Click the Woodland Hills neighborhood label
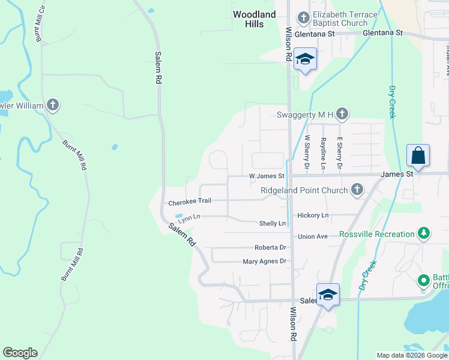(255, 19)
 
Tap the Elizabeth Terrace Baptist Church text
(345, 19)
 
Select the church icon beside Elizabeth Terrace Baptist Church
(303, 18)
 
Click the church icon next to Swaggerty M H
(342, 113)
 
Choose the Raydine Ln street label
(323, 153)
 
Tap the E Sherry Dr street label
(339, 152)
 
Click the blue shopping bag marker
(418, 156)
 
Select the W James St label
(267, 176)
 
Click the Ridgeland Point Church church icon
(357, 190)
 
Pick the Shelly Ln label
(273, 224)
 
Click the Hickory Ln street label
(313, 215)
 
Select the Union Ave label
(313, 236)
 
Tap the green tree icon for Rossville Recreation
(424, 233)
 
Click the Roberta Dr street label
(270, 247)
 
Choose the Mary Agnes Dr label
(265, 262)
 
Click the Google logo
(20, 353)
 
